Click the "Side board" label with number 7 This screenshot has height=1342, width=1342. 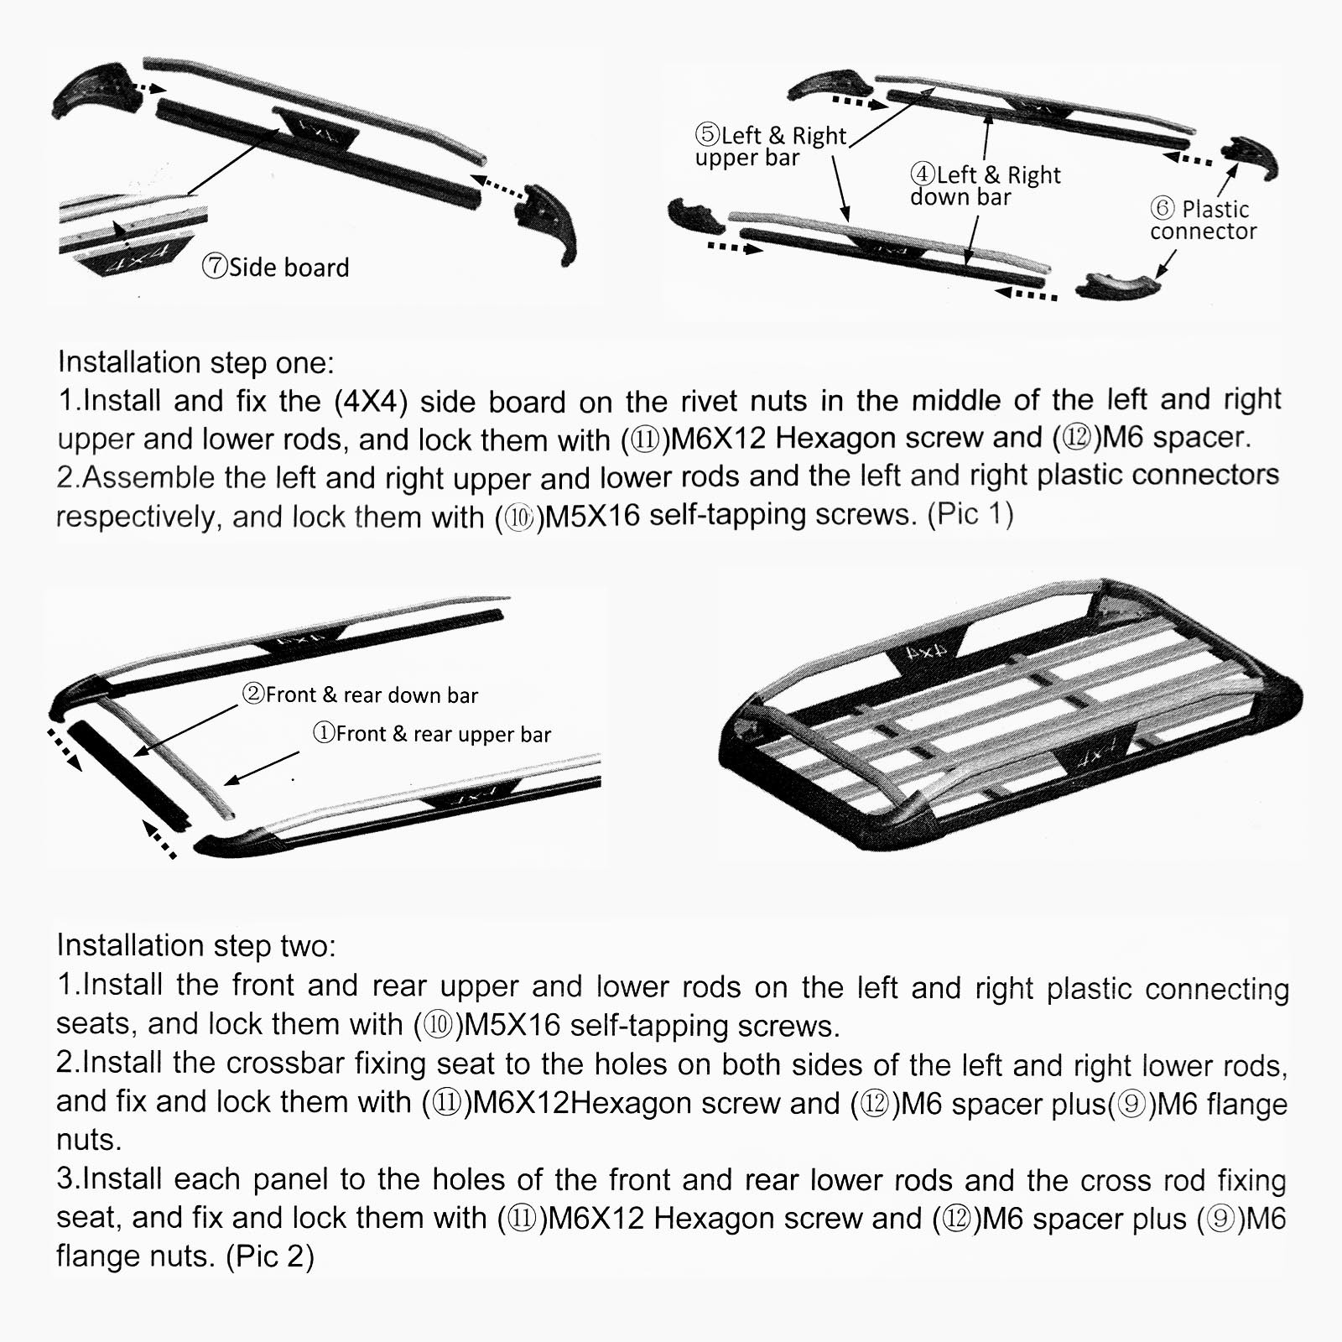pyautogui.click(x=276, y=268)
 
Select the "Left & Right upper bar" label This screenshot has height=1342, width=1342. pyautogui.click(x=771, y=147)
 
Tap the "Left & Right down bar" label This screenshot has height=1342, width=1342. pyautogui.click(x=986, y=186)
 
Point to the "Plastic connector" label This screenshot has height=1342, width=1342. pyautogui.click(x=1204, y=221)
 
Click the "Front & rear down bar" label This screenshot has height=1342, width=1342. pyautogui.click(x=361, y=694)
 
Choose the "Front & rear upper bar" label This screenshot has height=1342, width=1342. pyautogui.click(x=432, y=734)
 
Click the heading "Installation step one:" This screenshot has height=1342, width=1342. pyautogui.click(x=195, y=362)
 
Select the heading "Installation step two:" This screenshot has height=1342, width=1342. pyautogui.click(x=195, y=945)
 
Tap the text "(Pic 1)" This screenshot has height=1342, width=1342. pyautogui.click(x=970, y=513)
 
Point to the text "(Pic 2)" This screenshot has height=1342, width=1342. pyautogui.click(x=270, y=1256)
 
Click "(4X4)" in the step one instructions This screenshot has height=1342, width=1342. pyautogui.click(x=371, y=401)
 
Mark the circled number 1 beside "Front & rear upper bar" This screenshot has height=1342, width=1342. pyautogui.click(x=324, y=733)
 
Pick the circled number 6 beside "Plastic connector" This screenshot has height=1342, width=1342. pyautogui.click(x=1162, y=208)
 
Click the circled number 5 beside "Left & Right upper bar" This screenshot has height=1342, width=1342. pyautogui.click(x=707, y=134)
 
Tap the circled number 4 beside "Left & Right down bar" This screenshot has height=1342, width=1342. pyautogui.click(x=923, y=174)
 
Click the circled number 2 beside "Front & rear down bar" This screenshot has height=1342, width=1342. pyautogui.click(x=253, y=694)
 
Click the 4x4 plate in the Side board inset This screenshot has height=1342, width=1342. pyautogui.click(x=134, y=257)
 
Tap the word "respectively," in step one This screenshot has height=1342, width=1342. pyautogui.click(x=137, y=517)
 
